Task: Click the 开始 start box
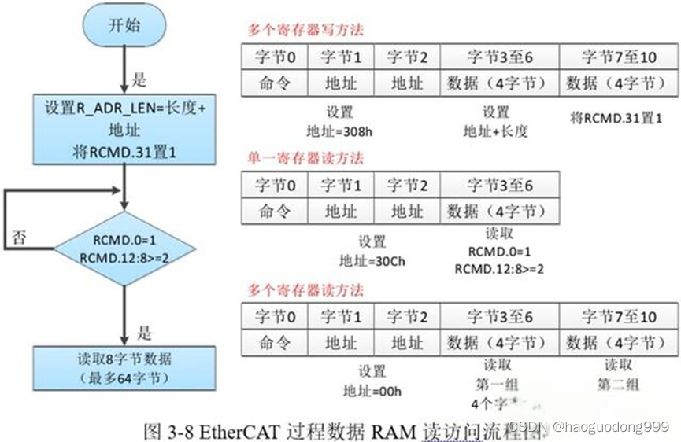click(x=124, y=26)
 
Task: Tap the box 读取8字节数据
click(x=124, y=367)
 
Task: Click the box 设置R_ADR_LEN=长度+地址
click(x=124, y=130)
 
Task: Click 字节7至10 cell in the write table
click(x=619, y=57)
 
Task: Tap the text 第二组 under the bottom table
click(x=618, y=385)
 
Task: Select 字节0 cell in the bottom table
click(x=269, y=317)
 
